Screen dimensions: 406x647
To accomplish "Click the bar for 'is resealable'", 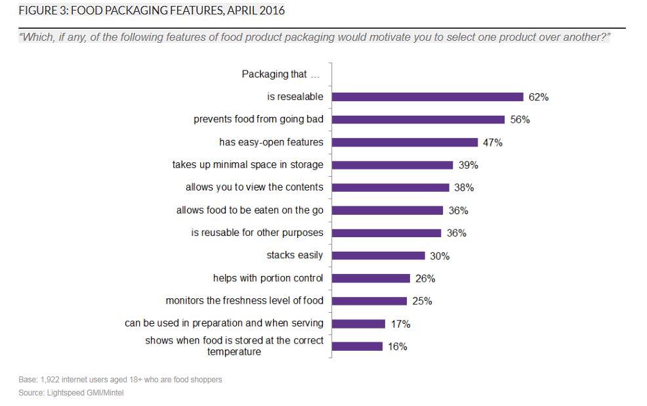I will (x=427, y=97).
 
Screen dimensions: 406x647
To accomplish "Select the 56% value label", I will (x=520, y=120).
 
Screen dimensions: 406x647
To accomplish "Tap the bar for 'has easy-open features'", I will (x=405, y=143).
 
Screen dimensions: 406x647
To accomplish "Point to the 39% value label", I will (x=468, y=166).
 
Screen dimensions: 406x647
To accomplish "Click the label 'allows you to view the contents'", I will (x=255, y=187).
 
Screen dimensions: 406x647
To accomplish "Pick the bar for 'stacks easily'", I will (x=379, y=256).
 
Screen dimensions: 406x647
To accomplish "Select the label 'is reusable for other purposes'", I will (x=257, y=233).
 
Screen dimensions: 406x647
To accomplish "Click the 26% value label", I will (x=425, y=279).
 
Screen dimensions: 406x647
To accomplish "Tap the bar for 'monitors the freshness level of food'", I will (x=369, y=301).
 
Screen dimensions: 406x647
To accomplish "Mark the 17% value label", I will (x=400, y=324).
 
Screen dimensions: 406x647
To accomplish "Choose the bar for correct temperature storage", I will (x=357, y=346).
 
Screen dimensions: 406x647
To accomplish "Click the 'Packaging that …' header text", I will (x=280, y=74).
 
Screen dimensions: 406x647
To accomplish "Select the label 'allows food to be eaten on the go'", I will (x=250, y=210).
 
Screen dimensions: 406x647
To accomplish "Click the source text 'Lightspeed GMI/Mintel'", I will (x=85, y=393).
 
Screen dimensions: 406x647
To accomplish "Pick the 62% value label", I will (x=538, y=97).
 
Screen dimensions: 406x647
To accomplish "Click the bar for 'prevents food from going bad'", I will (x=418, y=120).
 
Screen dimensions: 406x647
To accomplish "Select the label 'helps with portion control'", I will (x=268, y=278).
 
